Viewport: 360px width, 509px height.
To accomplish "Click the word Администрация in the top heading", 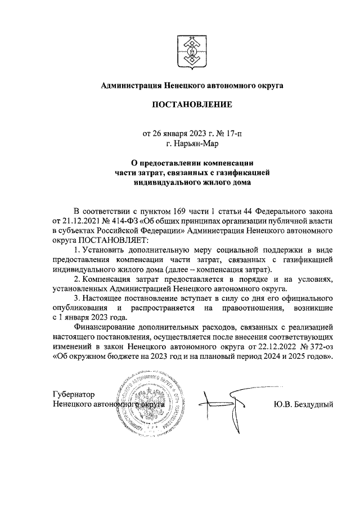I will coord(129,85).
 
